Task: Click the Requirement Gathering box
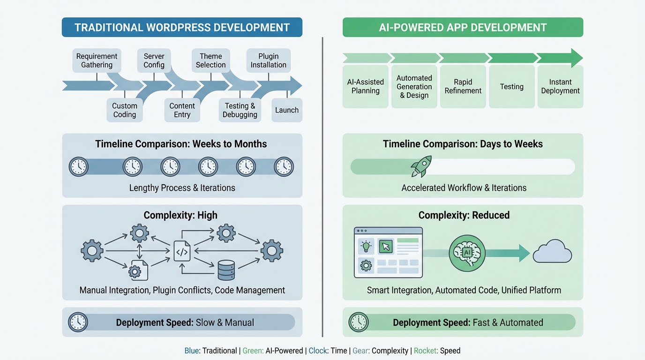97,60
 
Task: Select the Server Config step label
154,60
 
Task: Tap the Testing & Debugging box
240,110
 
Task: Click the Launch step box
287,110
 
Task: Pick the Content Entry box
182,110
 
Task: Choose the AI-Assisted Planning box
365,86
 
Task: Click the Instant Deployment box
560,86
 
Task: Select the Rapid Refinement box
463,86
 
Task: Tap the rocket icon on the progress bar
420,167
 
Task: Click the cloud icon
552,253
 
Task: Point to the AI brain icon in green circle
466,253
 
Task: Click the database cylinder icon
226,270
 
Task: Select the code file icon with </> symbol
182,251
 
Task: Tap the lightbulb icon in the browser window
366,246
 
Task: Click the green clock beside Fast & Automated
359,322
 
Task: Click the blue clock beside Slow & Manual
78,322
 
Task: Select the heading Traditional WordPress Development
182,27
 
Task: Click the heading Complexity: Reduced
464,215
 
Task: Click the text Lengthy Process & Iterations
182,188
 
